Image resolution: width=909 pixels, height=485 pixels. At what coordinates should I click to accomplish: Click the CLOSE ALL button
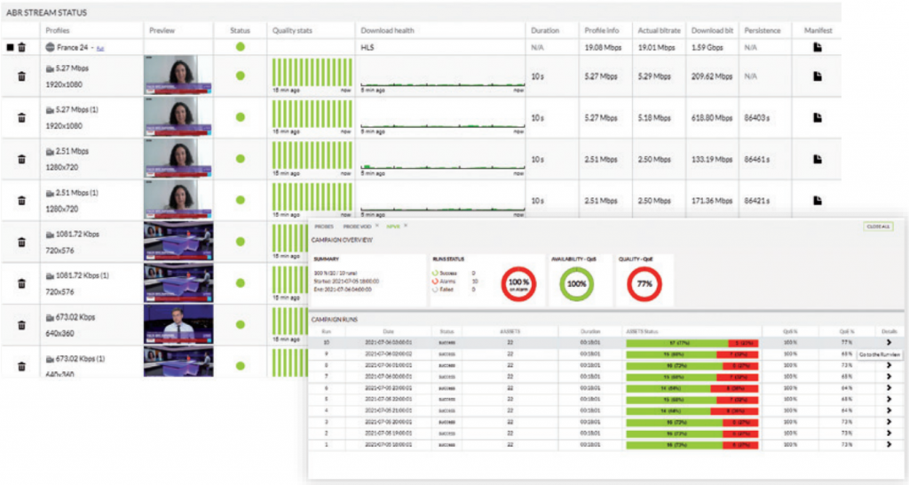click(x=878, y=227)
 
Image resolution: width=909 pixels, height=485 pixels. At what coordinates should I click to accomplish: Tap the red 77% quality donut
click(x=644, y=283)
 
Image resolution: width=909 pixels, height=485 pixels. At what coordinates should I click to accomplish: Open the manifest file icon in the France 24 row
click(x=818, y=47)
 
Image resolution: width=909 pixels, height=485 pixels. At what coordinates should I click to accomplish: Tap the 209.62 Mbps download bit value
click(x=710, y=76)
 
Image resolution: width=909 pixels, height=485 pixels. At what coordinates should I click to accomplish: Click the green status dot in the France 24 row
click(x=240, y=47)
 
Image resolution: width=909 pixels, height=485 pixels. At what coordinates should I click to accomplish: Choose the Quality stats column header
click(x=292, y=30)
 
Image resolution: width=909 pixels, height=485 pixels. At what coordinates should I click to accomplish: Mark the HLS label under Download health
click(x=368, y=47)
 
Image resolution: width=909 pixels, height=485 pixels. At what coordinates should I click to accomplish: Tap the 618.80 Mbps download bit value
click(x=710, y=117)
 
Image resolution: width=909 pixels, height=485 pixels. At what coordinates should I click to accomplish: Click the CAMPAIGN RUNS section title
click(x=334, y=319)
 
